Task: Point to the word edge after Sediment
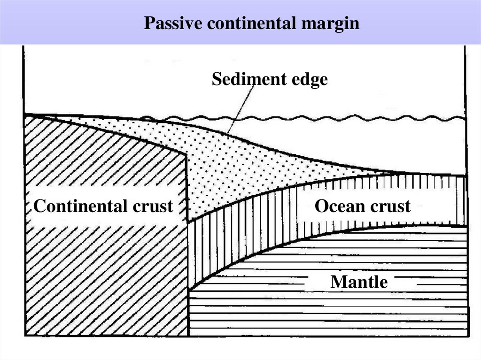coord(305,80)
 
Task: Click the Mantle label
coord(359,282)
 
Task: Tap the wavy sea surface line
coord(329,118)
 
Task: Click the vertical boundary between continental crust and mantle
coord(188,310)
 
